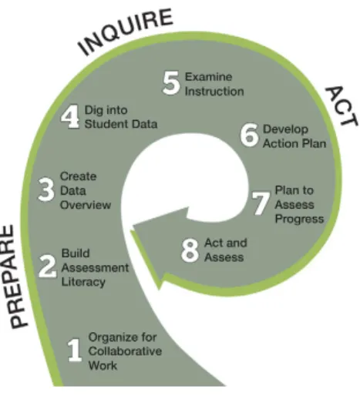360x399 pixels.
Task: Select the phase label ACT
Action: [341, 106]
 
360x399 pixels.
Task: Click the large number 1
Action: [75, 350]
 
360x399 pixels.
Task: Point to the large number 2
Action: [47, 267]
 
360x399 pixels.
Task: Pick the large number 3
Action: [46, 189]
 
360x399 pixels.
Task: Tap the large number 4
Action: [70, 117]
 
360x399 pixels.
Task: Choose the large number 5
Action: [171, 82]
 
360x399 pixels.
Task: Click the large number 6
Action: [249, 135]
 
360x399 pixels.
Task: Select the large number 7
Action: [261, 203]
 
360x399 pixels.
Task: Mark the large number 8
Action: [190, 250]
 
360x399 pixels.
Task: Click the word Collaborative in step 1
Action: [125, 351]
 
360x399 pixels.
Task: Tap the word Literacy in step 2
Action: [83, 282]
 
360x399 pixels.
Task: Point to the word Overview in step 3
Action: [86, 205]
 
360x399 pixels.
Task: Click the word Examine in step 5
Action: [208, 77]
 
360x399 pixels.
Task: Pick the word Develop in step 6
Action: [285, 129]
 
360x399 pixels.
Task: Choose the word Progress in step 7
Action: [299, 220]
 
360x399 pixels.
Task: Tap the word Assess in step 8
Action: [224, 257]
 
